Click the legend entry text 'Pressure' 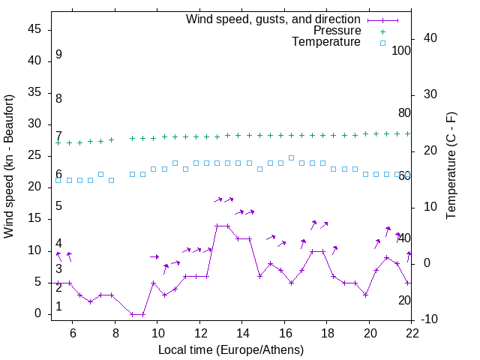tap(337, 31)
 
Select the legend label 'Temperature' tap(326, 42)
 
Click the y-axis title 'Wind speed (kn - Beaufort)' tap(9, 166)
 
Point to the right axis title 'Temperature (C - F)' tap(451, 166)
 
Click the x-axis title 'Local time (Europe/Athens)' tap(231, 350)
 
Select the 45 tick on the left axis tap(34, 29)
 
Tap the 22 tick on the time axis tap(412, 332)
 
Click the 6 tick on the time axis tap(72, 332)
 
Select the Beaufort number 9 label tap(58, 55)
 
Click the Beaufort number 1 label tap(58, 307)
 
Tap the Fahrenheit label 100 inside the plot tap(401, 51)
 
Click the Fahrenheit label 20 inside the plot tap(404, 300)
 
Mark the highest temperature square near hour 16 tap(291, 157)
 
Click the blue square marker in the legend tap(382, 43)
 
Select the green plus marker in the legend tap(382, 31)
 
